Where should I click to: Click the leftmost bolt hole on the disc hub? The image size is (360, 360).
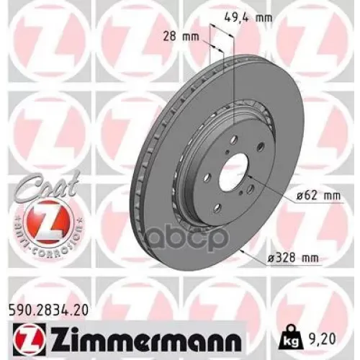click(208, 178)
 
